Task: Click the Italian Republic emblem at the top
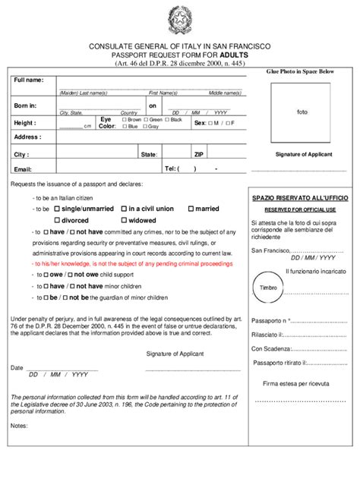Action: click(x=180, y=20)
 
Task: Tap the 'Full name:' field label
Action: click(x=29, y=80)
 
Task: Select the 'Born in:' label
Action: click(x=25, y=105)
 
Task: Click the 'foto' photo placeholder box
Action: click(x=302, y=112)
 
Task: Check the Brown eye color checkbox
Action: click(x=125, y=120)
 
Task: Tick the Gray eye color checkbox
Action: click(x=144, y=127)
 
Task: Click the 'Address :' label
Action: click(x=27, y=137)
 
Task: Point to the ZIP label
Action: click(x=198, y=154)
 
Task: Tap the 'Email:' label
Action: click(x=23, y=169)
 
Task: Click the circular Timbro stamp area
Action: click(x=269, y=288)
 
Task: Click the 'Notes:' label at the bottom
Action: click(x=19, y=425)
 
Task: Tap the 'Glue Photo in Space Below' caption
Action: click(x=300, y=71)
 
